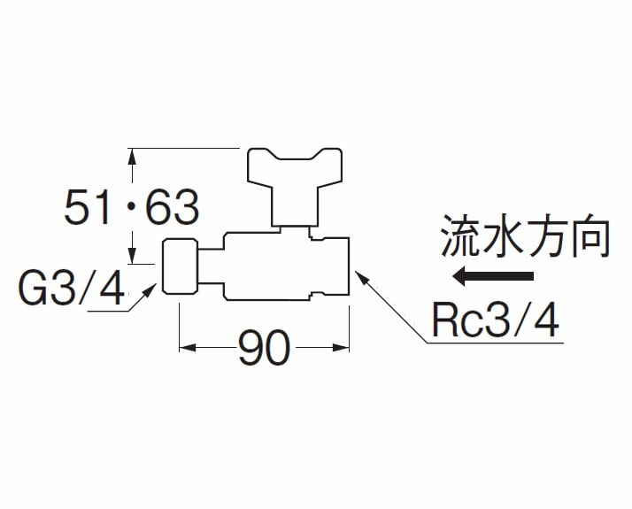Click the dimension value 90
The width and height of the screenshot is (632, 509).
pos(264,350)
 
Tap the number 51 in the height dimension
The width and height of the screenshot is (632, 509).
pos(91,209)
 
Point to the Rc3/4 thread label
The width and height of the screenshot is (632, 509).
pos(496,320)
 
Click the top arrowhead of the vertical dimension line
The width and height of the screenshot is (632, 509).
pos(132,154)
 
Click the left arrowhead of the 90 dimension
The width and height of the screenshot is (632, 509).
pos(186,348)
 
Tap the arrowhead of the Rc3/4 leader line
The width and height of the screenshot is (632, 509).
pos(358,274)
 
